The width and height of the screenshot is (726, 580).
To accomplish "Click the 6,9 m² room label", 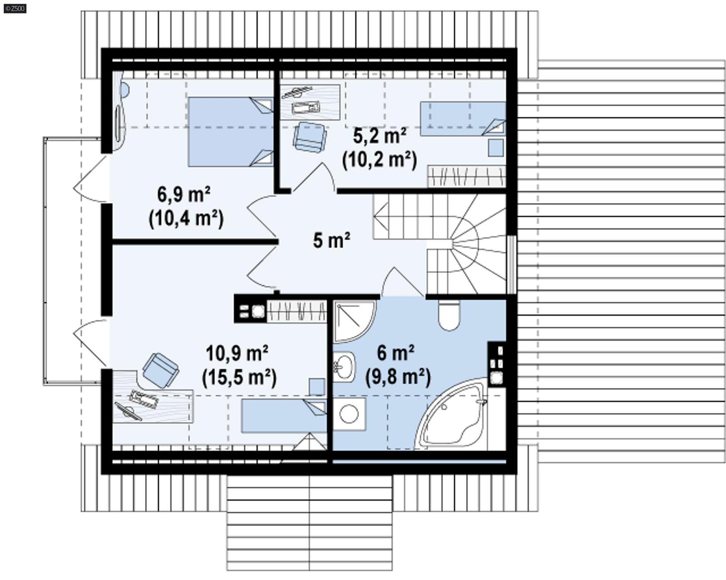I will point(183,195).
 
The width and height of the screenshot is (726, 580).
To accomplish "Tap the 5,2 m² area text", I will point(379,135).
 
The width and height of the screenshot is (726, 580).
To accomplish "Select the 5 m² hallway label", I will point(331,240).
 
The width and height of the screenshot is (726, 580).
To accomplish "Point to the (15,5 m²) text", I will point(239,378).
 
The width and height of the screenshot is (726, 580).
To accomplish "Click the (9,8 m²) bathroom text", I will point(398,376).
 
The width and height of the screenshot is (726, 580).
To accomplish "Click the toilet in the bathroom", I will point(449,315).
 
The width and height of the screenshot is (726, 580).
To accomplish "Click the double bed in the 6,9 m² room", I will point(231,132).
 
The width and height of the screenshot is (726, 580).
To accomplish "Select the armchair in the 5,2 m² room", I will point(309,137).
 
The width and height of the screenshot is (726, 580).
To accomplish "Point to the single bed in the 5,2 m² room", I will point(462,118).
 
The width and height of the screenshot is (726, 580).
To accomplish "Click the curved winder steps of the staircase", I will point(476,245).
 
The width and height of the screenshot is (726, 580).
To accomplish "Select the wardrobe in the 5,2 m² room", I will point(466,177).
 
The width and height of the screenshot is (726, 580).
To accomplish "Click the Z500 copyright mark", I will point(15,8).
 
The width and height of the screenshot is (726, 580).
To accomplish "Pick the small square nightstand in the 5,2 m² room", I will point(496,148).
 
